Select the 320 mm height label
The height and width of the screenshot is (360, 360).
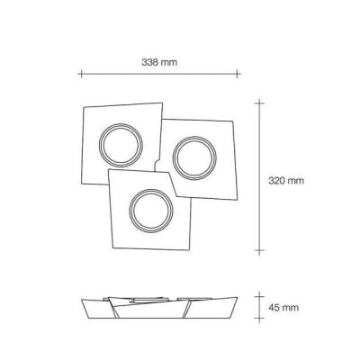click(x=287, y=180)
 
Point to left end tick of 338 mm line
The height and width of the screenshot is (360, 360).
click(x=80, y=74)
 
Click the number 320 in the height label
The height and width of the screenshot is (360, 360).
click(x=278, y=180)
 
